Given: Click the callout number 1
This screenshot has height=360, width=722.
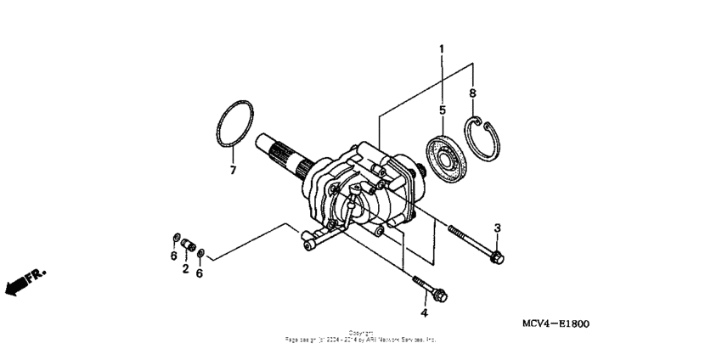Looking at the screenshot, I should tap(441, 51).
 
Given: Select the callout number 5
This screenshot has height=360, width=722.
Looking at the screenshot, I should tap(442, 110).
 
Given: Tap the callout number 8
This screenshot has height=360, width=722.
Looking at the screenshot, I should tap(473, 93).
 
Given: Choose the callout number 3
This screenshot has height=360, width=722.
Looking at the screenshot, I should tap(498, 228).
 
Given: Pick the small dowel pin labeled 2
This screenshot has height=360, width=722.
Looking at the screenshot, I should tap(186, 247).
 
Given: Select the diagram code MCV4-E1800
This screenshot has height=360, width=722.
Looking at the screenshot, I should tap(556, 324).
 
